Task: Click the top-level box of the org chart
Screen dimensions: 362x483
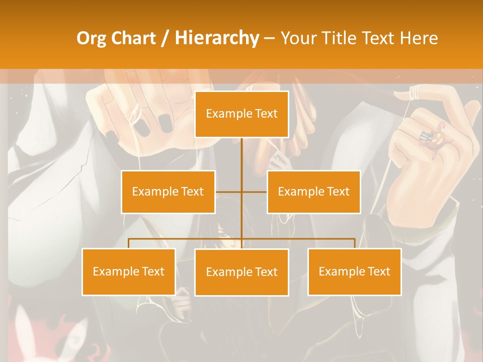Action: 242,114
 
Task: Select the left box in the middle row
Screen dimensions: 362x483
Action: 168,192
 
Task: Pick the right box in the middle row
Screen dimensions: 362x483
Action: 313,192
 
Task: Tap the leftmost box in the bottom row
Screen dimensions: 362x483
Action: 129,271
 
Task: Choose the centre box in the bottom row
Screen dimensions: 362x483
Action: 242,272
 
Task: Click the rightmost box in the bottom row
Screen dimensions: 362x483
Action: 354,271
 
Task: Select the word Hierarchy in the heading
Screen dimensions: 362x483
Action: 217,38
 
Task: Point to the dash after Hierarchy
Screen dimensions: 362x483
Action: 269,39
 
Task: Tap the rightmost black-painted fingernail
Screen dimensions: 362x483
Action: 165,123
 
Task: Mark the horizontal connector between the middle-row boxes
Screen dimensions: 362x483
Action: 241,192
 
